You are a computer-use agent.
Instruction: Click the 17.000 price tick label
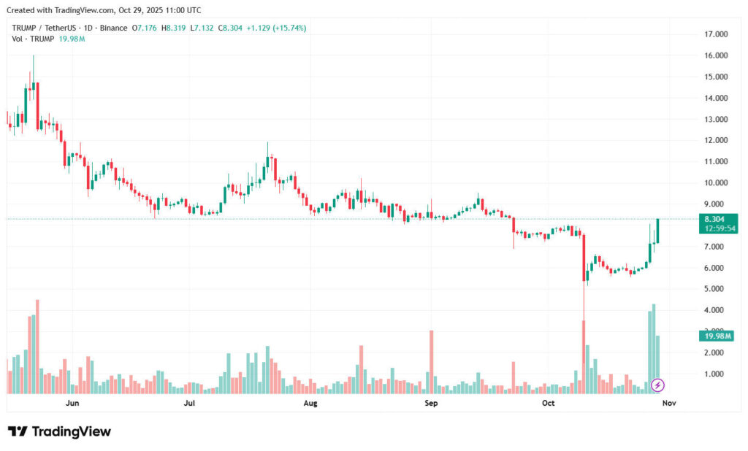tap(715, 34)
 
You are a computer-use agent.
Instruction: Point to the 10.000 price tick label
tap(715, 182)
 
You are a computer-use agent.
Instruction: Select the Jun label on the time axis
tap(72, 402)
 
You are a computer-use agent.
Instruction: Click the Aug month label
tap(310, 402)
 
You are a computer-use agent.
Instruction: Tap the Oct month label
tap(549, 402)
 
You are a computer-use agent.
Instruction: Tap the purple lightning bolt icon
tap(657, 385)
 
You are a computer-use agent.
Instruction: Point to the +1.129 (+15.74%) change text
tap(277, 28)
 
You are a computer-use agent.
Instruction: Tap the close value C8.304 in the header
tap(232, 28)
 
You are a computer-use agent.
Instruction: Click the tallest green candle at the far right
tap(658, 231)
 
